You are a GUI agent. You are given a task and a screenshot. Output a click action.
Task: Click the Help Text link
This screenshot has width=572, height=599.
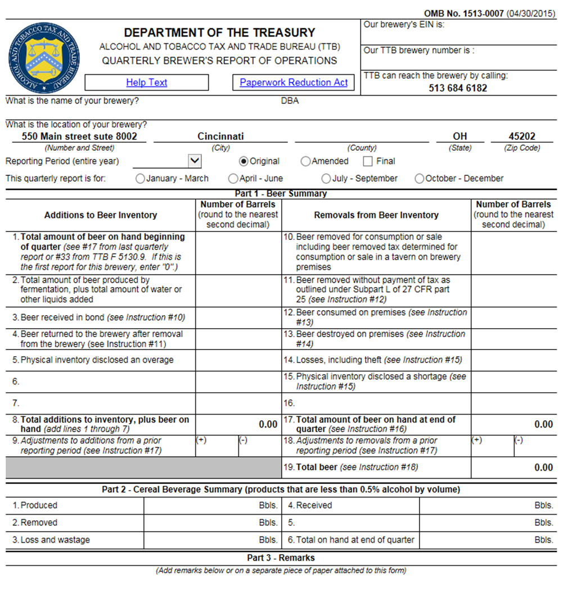click(147, 82)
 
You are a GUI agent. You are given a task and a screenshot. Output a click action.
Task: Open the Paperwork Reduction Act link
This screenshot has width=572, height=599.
click(294, 82)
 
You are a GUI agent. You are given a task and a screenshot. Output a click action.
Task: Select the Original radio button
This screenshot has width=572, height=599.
click(244, 161)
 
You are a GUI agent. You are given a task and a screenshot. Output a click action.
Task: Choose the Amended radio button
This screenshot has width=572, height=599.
click(305, 161)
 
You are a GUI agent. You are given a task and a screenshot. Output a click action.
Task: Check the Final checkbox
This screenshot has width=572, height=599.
click(368, 161)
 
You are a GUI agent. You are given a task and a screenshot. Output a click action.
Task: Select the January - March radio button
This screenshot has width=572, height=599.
click(140, 179)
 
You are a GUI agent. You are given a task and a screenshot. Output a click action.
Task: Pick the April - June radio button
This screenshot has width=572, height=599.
click(233, 179)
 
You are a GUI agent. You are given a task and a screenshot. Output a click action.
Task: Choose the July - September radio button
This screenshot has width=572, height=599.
click(326, 179)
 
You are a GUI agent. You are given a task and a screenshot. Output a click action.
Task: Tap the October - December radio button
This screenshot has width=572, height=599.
click(419, 179)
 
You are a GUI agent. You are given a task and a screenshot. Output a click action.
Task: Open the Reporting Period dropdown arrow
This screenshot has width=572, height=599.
click(195, 161)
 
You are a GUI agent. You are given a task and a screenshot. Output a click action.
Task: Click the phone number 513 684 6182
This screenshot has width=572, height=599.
click(458, 88)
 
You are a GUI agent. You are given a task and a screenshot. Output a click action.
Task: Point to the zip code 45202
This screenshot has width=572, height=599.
click(522, 136)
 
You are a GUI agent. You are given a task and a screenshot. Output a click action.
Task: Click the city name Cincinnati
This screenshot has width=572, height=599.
click(220, 136)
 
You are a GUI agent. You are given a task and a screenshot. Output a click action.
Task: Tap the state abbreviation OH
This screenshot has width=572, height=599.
click(460, 136)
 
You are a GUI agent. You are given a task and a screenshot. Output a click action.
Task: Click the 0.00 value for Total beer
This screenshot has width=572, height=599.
click(543, 468)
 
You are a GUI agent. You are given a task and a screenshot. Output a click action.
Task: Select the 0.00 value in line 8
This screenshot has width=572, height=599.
click(268, 424)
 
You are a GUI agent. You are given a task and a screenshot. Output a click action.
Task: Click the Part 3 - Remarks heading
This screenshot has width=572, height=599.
click(281, 558)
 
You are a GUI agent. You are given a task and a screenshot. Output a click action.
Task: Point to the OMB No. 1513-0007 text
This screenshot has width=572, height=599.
click(464, 14)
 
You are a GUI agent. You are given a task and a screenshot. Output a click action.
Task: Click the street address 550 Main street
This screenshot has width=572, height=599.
click(79, 136)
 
